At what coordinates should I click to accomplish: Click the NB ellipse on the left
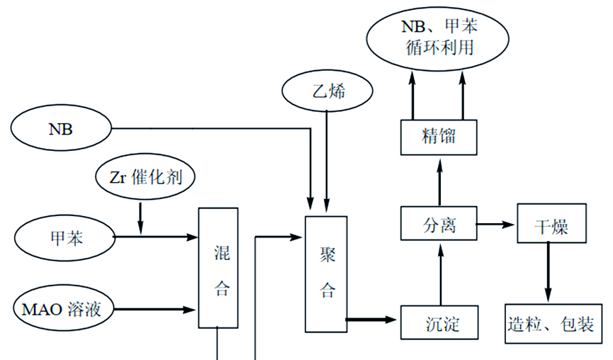61,130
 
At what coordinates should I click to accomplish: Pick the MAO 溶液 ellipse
64,310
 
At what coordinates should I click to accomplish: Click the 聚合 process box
325,273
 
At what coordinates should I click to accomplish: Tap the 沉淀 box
441,323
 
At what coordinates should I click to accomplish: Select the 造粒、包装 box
551,324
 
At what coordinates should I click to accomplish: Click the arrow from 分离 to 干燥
497,225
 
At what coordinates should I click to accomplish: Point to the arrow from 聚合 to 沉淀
373,320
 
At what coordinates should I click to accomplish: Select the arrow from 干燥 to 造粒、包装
548,274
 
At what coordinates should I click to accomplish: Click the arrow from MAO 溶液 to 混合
156,310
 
